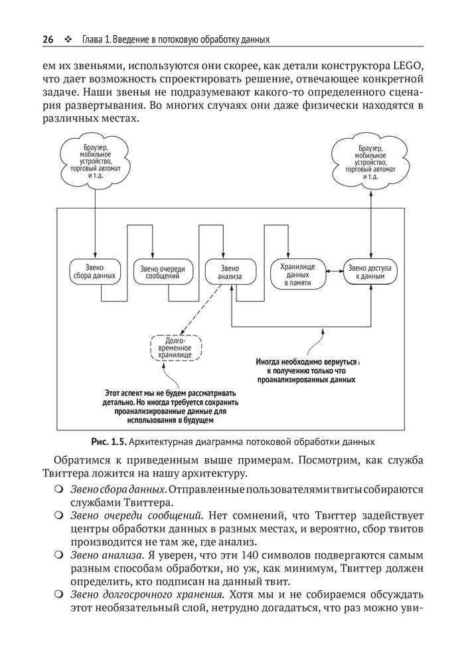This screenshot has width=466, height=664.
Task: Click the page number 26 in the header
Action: [48, 39]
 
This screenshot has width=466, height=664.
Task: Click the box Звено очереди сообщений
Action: [163, 272]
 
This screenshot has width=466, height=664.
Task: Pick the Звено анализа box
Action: [229, 272]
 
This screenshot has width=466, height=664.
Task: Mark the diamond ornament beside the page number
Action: [68, 40]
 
